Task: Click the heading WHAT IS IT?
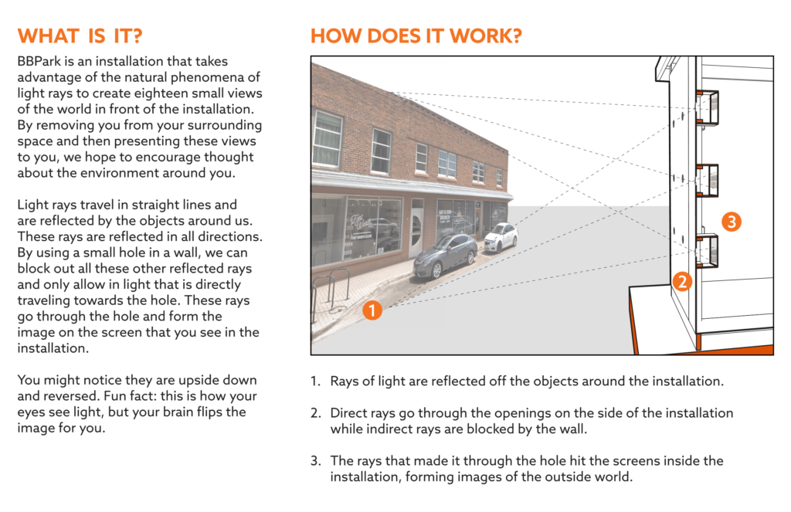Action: pyautogui.click(x=80, y=36)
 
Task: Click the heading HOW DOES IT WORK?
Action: pyautogui.click(x=416, y=36)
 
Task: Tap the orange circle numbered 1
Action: pyautogui.click(x=372, y=310)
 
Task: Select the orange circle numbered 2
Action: pyautogui.click(x=682, y=281)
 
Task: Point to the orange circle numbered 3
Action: pyautogui.click(x=732, y=222)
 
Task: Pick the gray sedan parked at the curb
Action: pyautogui.click(x=445, y=256)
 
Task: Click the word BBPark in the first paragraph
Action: pyautogui.click(x=39, y=61)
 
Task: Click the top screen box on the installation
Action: pyautogui.click(x=708, y=108)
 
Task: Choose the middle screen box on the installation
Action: pyautogui.click(x=708, y=180)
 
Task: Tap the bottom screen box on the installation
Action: pyautogui.click(x=708, y=251)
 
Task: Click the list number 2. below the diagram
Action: pyautogui.click(x=316, y=413)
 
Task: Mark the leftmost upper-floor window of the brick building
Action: pyautogui.click(x=328, y=138)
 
